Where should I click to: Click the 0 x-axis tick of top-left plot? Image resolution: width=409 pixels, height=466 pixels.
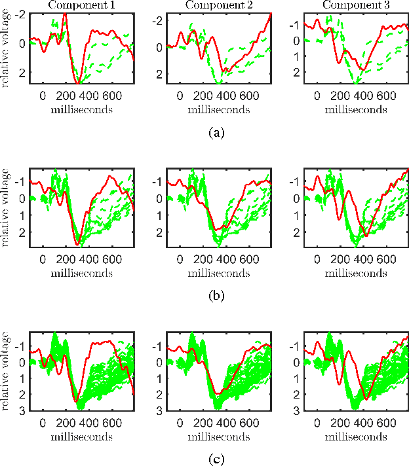[43, 95]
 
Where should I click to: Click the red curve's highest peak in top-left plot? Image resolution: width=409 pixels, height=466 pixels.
[65, 14]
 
